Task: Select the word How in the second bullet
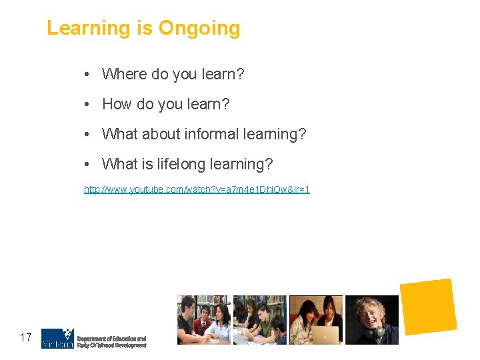[x=117, y=104]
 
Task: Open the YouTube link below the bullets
[x=197, y=189]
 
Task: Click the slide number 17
[x=26, y=337]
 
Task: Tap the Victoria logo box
[x=57, y=338]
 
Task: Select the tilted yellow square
[x=428, y=307]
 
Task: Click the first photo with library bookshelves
[x=203, y=320]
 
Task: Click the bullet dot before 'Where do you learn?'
[x=88, y=75]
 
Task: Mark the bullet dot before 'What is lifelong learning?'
[x=88, y=165]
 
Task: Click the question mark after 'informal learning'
[x=303, y=134]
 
